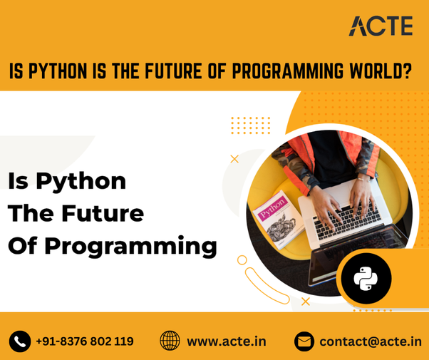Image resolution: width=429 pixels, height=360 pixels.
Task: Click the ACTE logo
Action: pos(381,26)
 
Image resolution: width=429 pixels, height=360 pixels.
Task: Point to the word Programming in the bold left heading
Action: pos(131,247)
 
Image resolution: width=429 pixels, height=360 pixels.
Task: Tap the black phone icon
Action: pos(20,341)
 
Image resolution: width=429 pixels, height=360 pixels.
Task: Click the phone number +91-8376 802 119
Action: pos(85,341)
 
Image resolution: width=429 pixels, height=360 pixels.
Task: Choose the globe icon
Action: pos(170,341)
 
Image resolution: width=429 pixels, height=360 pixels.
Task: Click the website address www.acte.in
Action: pos(227,341)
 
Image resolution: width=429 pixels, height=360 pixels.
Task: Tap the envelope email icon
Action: pos(304,341)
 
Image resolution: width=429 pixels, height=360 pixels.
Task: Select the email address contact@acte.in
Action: pos(371,341)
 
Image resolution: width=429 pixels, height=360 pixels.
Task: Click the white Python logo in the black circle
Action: pos(366,279)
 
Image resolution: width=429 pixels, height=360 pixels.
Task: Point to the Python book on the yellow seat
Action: pos(279,220)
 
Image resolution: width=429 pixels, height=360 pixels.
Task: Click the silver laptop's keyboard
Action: pos(348,221)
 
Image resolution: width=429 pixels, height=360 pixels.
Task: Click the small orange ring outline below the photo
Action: pos(242,260)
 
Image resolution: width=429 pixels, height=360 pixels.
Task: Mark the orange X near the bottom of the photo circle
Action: pos(306,302)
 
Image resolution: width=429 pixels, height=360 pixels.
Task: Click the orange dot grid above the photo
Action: pos(250,125)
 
